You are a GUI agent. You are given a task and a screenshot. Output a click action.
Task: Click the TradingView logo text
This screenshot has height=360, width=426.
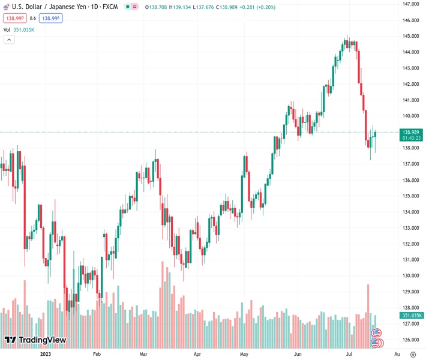coord(42,340)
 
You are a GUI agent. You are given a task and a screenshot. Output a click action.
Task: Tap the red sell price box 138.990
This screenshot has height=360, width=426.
coord(13,18)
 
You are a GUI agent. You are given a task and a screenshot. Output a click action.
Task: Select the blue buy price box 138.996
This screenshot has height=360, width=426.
coord(51,18)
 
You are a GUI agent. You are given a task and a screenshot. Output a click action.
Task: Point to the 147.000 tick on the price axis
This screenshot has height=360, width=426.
coord(410,4)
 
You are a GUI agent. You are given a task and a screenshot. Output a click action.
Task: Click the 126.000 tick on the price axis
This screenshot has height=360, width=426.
coord(410,340)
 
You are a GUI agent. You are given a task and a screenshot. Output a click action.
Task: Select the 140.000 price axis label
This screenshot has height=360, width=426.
coord(410,116)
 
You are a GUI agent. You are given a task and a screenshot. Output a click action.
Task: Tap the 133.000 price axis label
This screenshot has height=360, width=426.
coord(410,228)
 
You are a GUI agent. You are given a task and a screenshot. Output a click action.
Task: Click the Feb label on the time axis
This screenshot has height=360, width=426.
coord(97,354)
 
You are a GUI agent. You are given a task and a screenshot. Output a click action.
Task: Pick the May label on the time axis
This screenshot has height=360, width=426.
coord(244,354)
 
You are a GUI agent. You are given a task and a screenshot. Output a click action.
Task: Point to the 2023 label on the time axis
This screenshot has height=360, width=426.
coord(45,354)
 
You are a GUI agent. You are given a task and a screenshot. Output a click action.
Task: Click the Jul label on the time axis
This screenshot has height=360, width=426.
coord(349,354)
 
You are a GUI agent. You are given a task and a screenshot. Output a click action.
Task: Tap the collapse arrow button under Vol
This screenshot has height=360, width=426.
coord(9,40)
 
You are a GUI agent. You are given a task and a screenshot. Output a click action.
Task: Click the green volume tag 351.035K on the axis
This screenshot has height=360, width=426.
coord(413,316)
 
